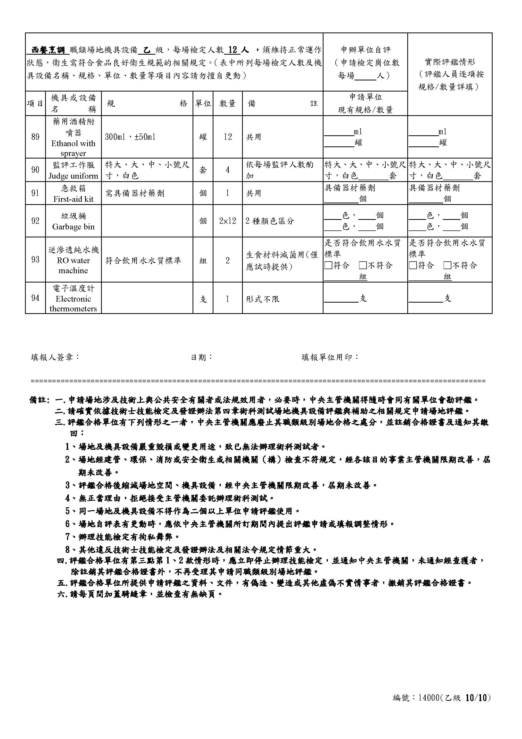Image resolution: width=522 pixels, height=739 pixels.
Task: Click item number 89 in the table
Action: coord(35,137)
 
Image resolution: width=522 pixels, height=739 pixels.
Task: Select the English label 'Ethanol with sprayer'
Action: coord(73,148)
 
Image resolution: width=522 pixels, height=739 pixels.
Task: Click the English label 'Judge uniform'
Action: coord(73,176)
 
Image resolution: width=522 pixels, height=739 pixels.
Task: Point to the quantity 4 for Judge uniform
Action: coord(228,170)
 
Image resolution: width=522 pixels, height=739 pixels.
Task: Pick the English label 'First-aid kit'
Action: coord(73,199)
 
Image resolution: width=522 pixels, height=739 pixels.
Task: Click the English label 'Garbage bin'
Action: coord(73,227)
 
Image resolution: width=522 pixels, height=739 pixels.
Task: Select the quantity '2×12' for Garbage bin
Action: coord(228,221)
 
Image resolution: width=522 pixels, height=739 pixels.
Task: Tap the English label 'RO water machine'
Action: coord(73,265)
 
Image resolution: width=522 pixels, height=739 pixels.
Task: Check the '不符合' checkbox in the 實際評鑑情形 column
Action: coord(447,265)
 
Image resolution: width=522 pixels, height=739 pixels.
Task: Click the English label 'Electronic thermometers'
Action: coord(73,304)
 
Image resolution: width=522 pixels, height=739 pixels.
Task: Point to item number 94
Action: coord(35,298)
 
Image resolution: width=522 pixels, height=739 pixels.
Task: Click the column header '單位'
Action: coord(203,103)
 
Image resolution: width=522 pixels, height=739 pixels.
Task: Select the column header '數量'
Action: coord(228,103)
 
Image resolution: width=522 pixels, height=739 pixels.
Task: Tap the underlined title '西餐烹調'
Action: coord(48,50)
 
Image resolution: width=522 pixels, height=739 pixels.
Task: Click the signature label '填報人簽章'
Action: coord(55,357)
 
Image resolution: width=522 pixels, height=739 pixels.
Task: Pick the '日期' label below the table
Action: coord(201,357)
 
